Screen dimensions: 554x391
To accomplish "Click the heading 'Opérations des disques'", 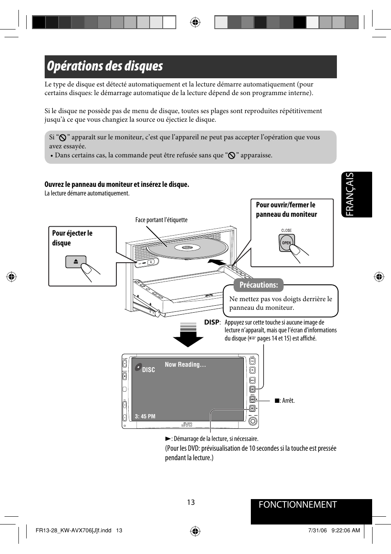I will pos(105,66).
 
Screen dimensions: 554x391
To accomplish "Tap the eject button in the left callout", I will pos(76,261).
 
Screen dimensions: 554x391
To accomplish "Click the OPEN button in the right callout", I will pos(286,243).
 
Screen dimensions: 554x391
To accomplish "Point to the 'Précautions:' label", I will pos(259,285).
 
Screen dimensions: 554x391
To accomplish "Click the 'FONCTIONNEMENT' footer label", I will pos(298,505).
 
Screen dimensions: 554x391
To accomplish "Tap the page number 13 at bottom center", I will pos(191,502).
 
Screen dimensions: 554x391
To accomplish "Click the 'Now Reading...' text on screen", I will pos(185,365).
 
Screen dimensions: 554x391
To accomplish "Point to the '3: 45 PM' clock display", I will pos(145,416).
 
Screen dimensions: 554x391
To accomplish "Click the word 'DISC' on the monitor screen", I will pos(148,370).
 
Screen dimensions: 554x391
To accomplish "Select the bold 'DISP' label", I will pos(212,322).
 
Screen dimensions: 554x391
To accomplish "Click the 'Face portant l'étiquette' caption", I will pos(161,220).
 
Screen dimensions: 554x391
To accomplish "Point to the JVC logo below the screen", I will pos(187,425).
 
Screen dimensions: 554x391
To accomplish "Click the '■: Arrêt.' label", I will pos(284,401).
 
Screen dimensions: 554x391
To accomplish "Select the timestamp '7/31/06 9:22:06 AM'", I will pos(334,530).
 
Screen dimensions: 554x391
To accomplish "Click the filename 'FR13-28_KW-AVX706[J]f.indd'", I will pos(73,530).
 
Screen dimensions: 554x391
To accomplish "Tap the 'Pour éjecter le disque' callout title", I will pos(72,238).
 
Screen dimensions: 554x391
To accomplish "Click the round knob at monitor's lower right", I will pos(253,421).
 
